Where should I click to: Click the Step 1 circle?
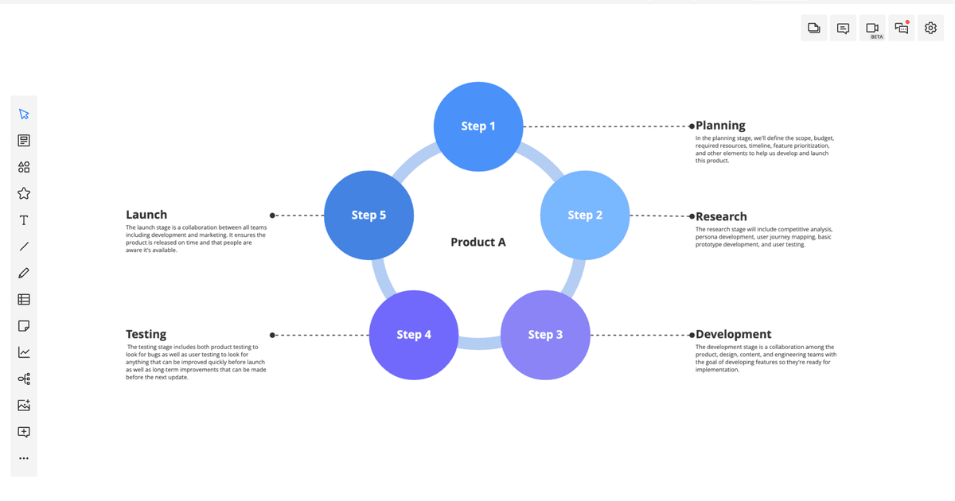tap(478, 126)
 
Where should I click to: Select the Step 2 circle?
tap(585, 216)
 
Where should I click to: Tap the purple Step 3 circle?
tap(545, 335)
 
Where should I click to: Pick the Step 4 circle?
tap(414, 335)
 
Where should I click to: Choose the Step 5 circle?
tap(368, 216)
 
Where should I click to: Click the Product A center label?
tap(478, 243)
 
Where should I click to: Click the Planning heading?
tap(720, 126)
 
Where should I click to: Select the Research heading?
tap(721, 216)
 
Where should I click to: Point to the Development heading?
tap(733, 335)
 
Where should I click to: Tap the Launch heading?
tap(146, 215)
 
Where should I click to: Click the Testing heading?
tap(146, 335)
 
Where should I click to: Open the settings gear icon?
tap(930, 29)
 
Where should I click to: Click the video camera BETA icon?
tap(872, 29)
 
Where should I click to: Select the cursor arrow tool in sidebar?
tap(24, 115)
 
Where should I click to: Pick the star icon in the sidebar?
tap(24, 193)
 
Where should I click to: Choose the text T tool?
tap(24, 220)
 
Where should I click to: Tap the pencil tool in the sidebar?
tap(24, 273)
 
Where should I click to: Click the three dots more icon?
tap(24, 458)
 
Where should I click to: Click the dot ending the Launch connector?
tap(272, 216)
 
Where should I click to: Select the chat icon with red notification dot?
tap(902, 29)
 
